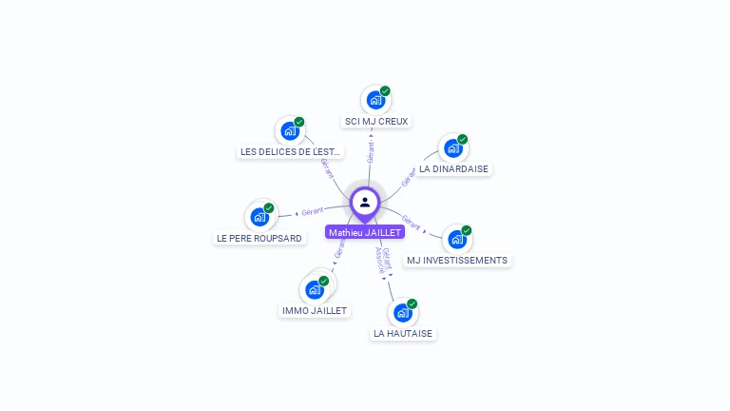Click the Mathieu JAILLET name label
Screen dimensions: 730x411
click(x=365, y=232)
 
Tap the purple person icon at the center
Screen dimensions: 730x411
click(x=365, y=202)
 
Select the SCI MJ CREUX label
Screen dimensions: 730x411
click(x=376, y=122)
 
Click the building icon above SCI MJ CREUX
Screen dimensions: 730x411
click(x=375, y=100)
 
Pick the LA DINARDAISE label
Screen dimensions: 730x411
click(x=453, y=169)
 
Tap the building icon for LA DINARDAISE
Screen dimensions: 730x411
click(x=453, y=148)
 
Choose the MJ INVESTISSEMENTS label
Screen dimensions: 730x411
click(x=457, y=260)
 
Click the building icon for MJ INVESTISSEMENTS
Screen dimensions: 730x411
click(x=457, y=239)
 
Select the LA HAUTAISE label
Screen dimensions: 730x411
click(x=403, y=333)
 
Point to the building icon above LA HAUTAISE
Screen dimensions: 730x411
click(x=403, y=312)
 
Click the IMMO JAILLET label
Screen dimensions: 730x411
click(x=315, y=310)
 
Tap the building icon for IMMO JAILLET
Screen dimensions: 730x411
click(x=315, y=289)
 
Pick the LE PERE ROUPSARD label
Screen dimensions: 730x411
click(x=259, y=238)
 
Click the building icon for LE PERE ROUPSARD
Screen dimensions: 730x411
click(x=259, y=217)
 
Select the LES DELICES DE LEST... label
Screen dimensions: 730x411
click(x=290, y=151)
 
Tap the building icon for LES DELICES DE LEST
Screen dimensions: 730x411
click(x=290, y=130)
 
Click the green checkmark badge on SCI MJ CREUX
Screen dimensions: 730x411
click(x=385, y=91)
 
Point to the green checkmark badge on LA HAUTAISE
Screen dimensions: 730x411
click(x=413, y=303)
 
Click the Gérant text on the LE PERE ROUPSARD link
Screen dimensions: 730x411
click(x=313, y=211)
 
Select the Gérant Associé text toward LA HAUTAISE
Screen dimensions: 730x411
click(x=383, y=260)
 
